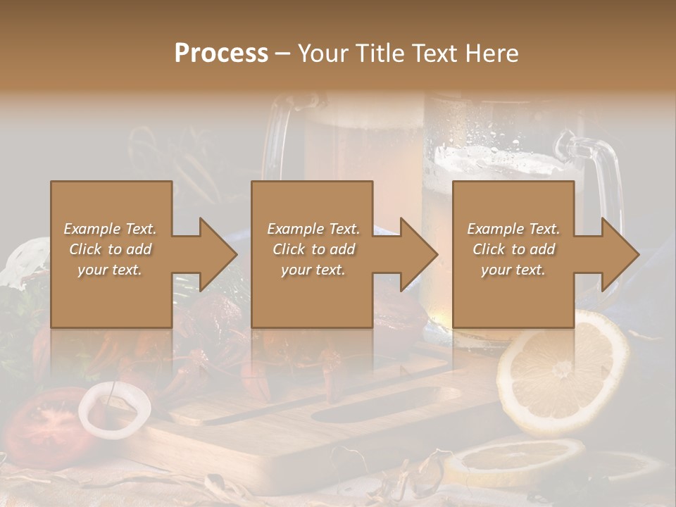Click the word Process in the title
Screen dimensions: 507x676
click(221, 54)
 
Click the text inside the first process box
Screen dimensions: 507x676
click(110, 249)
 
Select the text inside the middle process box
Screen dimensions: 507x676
click(313, 249)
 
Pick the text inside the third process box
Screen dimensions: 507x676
click(513, 249)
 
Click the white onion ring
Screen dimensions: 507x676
click(114, 407)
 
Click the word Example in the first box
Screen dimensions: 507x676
click(92, 229)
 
